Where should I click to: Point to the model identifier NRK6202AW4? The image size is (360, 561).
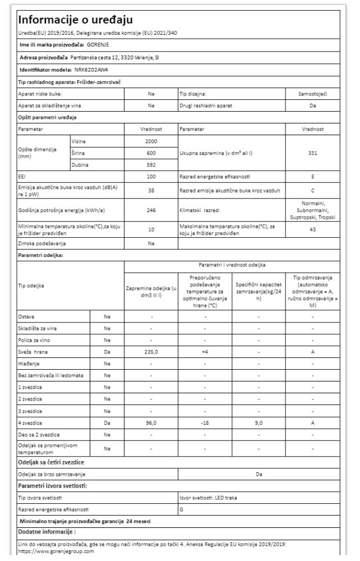(94, 70)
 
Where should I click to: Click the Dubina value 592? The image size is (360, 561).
(151, 165)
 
